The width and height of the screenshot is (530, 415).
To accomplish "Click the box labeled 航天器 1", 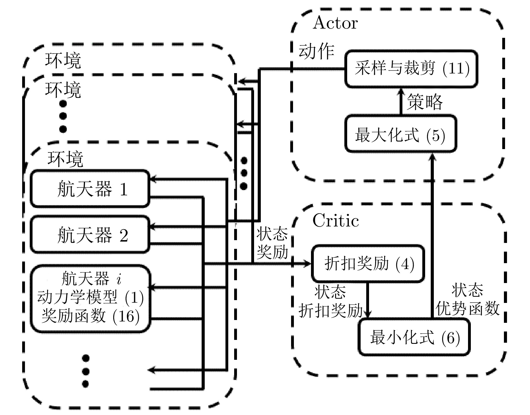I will (90, 189).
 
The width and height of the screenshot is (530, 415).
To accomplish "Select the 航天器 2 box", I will (90, 235).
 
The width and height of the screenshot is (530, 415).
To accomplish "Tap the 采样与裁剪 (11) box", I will (411, 69).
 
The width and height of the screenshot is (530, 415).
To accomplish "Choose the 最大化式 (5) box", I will (400, 134).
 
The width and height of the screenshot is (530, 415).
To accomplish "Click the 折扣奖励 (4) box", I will (368, 263).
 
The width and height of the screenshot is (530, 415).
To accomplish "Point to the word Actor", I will (335, 23).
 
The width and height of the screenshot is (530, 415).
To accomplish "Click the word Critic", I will (335, 221).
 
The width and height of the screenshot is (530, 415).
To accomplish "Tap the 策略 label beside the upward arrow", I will (425, 101).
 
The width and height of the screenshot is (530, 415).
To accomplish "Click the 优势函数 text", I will (467, 309).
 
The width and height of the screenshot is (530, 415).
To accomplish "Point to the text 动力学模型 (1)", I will (90, 297).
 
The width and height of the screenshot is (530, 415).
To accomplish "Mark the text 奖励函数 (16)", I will (90, 316).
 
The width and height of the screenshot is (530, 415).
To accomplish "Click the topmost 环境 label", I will (63, 61).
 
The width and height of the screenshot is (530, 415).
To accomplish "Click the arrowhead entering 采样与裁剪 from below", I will (401, 91).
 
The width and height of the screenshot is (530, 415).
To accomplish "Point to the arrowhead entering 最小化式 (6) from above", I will (368, 314).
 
